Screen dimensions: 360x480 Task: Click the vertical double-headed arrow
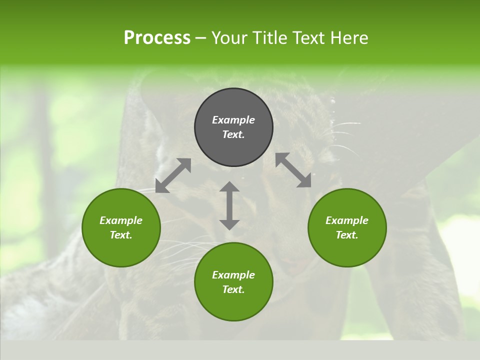coord(229,205)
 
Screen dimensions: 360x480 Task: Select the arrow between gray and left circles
coord(173,175)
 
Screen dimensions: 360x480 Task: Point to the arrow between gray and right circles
coord(293,170)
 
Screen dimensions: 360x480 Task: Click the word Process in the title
coord(157,37)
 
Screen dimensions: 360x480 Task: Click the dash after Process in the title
coord(201,38)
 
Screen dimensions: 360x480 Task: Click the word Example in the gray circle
coord(233,120)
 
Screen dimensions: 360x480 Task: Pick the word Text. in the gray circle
coord(233,134)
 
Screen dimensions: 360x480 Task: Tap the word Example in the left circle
coord(121,220)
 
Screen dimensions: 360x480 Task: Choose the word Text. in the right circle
coord(347,235)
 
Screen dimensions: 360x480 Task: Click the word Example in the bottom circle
coord(233,275)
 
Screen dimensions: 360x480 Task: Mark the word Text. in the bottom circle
coord(233,289)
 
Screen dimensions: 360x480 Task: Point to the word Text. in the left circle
coord(121,235)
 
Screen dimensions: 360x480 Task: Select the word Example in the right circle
coord(347,220)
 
